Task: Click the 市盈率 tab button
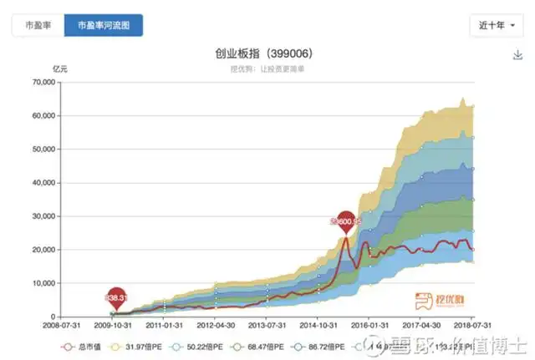point(37,25)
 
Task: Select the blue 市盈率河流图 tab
point(104,25)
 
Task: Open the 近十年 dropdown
point(497,25)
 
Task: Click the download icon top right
point(517,55)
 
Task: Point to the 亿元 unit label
point(60,68)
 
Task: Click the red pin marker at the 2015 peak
point(345,221)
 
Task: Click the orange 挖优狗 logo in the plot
point(426,298)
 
